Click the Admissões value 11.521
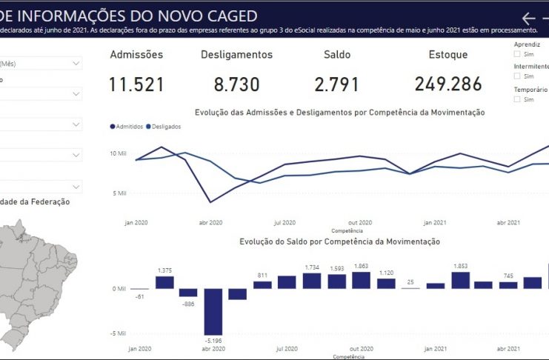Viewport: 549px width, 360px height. (136, 84)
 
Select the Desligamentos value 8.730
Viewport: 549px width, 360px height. (236, 84)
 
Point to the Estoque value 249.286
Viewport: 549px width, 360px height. (448, 84)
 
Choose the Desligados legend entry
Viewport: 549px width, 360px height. (164, 127)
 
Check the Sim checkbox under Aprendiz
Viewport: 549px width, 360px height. (518, 54)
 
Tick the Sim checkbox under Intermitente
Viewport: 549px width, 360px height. (518, 76)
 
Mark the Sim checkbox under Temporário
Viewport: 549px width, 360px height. (518, 99)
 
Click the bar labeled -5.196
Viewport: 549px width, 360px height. (213, 311)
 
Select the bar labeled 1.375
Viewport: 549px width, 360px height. (164, 282)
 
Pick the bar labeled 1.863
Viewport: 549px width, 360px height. (362, 280)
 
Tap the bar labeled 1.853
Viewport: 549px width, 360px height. (460, 280)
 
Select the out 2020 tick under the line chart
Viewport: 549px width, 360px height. (359, 222)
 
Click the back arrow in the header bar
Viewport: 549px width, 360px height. (528, 19)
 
